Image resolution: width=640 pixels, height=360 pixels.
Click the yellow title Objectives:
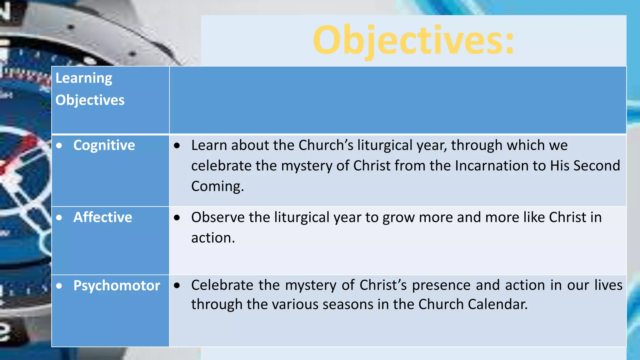(413, 41)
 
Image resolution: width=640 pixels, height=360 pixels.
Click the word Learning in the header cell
(84, 78)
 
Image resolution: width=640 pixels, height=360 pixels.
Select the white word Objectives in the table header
(90, 100)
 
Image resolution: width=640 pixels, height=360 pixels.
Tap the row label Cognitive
(104, 145)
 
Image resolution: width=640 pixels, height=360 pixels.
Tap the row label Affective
(102, 217)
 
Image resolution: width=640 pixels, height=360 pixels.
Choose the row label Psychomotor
(117, 286)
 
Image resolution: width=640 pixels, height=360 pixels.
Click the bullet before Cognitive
(59, 146)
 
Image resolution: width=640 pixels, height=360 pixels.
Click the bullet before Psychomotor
(59, 286)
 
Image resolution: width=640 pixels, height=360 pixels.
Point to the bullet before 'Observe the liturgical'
(177, 217)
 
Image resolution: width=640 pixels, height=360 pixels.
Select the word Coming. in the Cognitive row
(217, 186)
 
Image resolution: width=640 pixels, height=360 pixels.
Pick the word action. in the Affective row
(213, 238)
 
